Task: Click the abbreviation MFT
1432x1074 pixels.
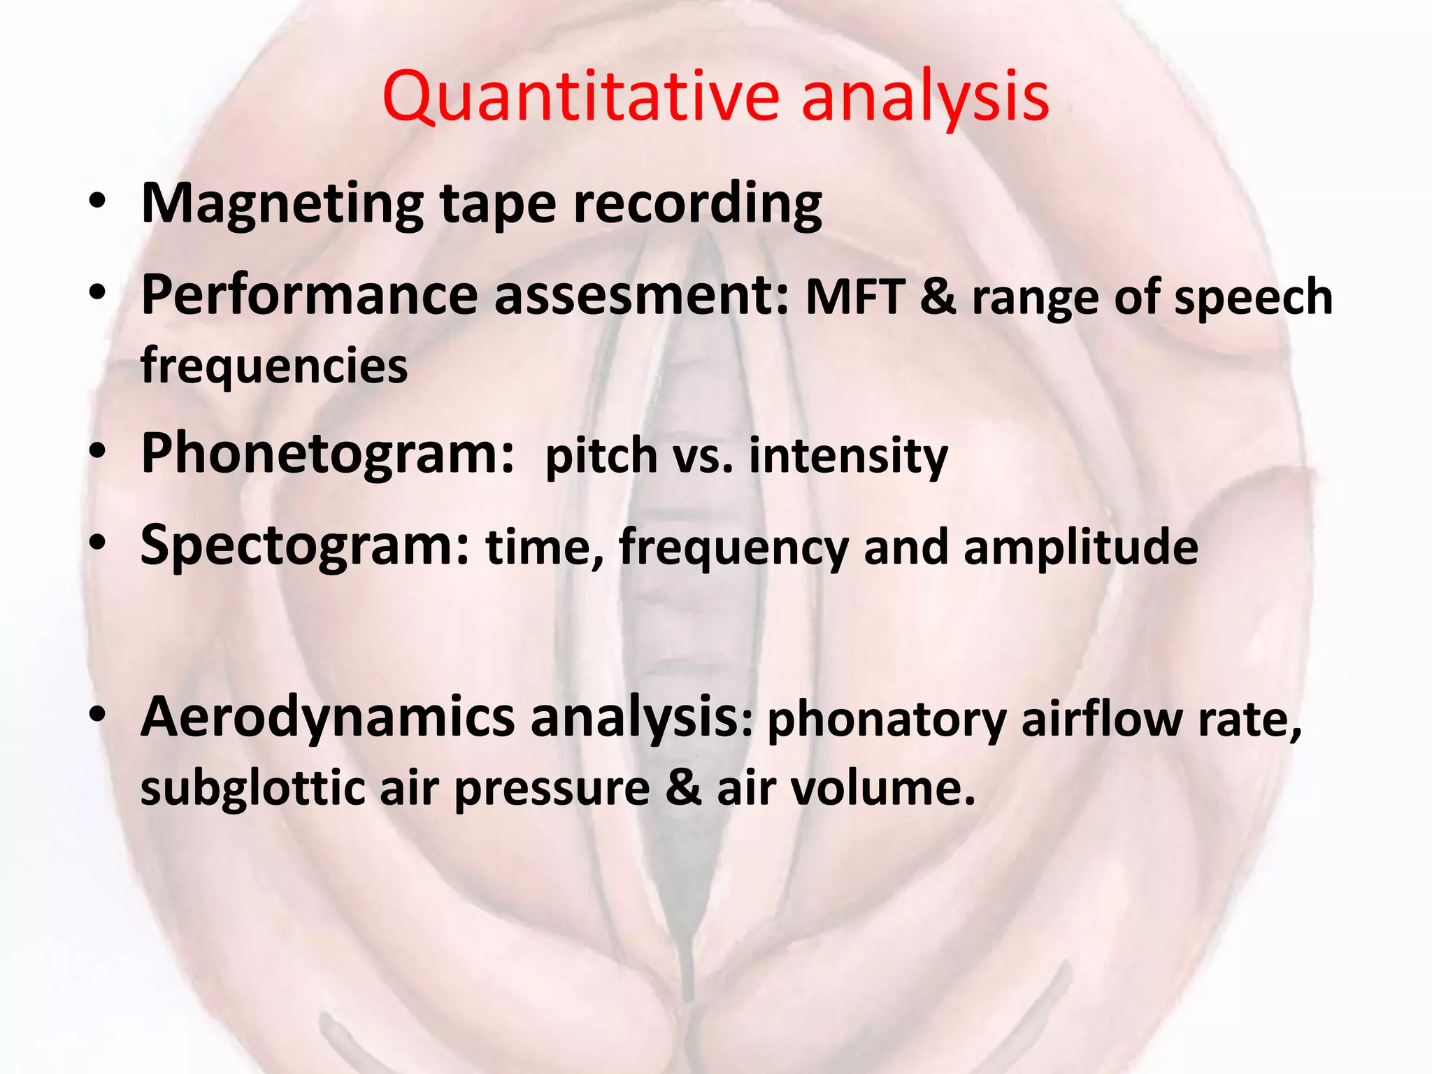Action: point(856,297)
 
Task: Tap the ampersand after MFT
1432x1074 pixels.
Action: point(938,297)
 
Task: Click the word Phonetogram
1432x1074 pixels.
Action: point(327,454)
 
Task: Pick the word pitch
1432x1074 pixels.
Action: point(601,456)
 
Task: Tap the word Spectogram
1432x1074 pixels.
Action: point(306,546)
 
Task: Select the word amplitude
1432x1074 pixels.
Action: point(1081,547)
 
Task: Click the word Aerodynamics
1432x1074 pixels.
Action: point(327,718)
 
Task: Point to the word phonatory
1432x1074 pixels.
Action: point(887,720)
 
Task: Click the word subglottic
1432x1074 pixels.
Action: point(252,788)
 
